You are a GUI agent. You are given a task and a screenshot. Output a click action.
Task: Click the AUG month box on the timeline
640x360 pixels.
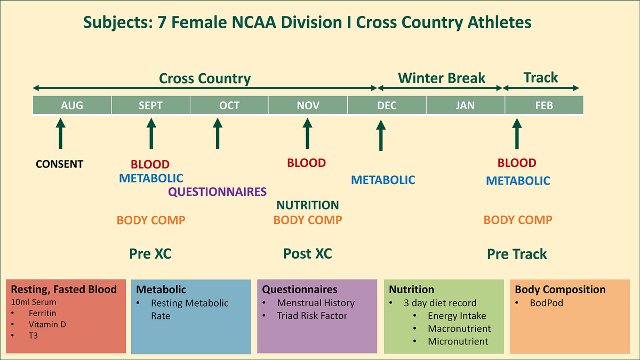tap(72, 105)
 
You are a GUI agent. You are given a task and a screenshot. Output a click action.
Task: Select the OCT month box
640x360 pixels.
tap(229, 105)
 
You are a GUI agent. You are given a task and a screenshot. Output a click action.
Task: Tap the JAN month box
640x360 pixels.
tap(465, 105)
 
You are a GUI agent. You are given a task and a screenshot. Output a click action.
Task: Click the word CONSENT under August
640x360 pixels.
tap(60, 164)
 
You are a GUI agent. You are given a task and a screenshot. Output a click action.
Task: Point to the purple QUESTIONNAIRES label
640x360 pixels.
tap(218, 192)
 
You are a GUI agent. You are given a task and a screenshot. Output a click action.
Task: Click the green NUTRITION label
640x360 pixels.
tap(307, 205)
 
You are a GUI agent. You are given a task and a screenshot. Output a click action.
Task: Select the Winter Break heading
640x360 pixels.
tap(442, 78)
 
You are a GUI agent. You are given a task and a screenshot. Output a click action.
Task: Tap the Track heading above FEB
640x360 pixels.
tap(541, 77)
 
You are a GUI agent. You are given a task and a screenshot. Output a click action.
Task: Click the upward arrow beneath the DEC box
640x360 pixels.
tap(381, 135)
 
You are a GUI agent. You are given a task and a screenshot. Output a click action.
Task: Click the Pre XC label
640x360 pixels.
tap(150, 254)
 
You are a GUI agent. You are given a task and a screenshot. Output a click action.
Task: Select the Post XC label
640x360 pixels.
tap(307, 254)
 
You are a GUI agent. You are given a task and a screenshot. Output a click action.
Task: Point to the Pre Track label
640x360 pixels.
tap(517, 254)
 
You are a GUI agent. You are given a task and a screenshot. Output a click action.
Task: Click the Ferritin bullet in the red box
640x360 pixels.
tap(42, 313)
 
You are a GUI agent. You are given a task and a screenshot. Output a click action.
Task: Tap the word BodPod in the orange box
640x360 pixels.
tap(547, 303)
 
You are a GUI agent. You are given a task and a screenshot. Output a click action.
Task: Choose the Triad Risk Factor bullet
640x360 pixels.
tap(312, 316)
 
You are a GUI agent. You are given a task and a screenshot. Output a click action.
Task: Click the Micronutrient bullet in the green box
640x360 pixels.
tap(458, 341)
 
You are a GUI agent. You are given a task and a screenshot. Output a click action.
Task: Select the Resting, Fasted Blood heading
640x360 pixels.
tap(64, 290)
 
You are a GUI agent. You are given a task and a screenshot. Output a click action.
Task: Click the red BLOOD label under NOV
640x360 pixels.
tap(306, 163)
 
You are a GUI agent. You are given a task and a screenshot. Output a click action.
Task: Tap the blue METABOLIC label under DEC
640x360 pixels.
tap(383, 180)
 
